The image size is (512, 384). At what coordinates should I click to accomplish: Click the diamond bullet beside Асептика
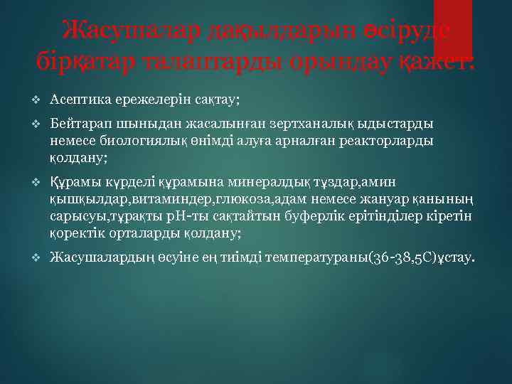point(37,98)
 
